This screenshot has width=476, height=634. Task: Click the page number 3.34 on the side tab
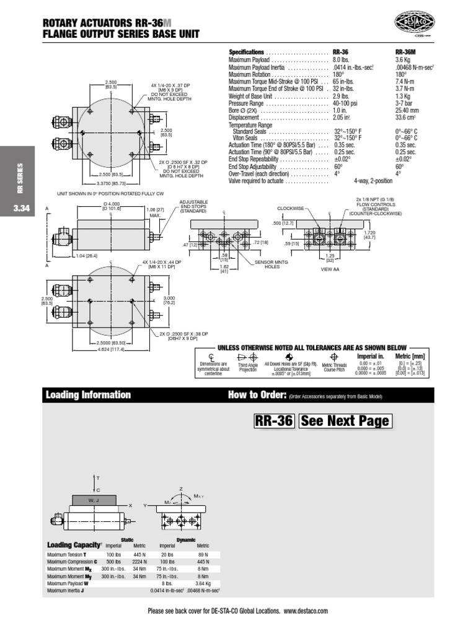21,209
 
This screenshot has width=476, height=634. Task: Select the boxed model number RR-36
273,422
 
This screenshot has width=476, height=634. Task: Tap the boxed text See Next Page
345,422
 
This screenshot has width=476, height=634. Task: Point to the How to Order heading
257,395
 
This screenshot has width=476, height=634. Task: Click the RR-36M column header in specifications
405,52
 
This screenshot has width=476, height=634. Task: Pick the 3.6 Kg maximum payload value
403,60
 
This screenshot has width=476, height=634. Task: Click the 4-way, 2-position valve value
374,181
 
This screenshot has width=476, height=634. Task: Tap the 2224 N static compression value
139,563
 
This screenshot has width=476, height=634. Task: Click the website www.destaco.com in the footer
306,611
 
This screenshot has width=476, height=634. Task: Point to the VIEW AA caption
330,270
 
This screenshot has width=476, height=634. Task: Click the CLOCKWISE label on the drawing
291,209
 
